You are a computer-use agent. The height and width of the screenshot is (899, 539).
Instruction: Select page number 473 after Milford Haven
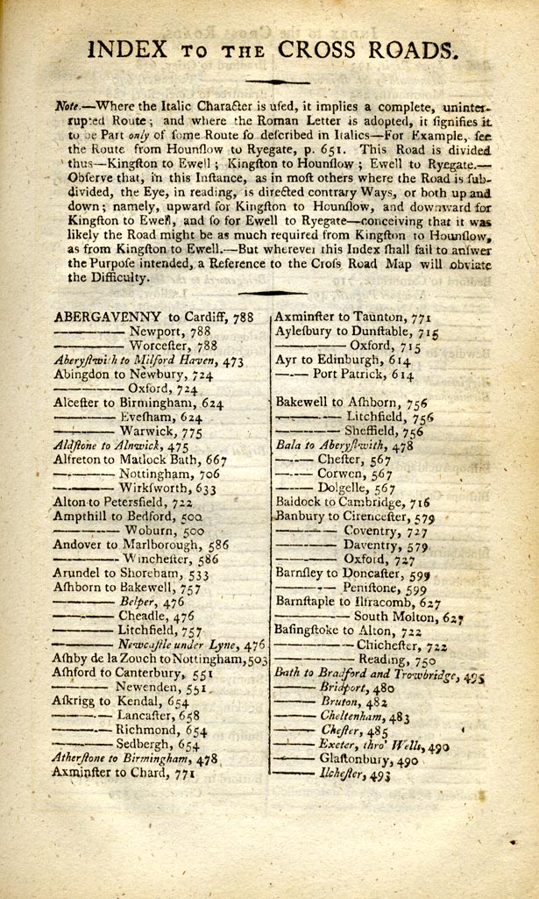[231, 360]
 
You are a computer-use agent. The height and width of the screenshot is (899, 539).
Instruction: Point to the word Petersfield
[136, 503]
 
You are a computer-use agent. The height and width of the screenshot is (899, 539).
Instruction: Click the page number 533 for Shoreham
[200, 574]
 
